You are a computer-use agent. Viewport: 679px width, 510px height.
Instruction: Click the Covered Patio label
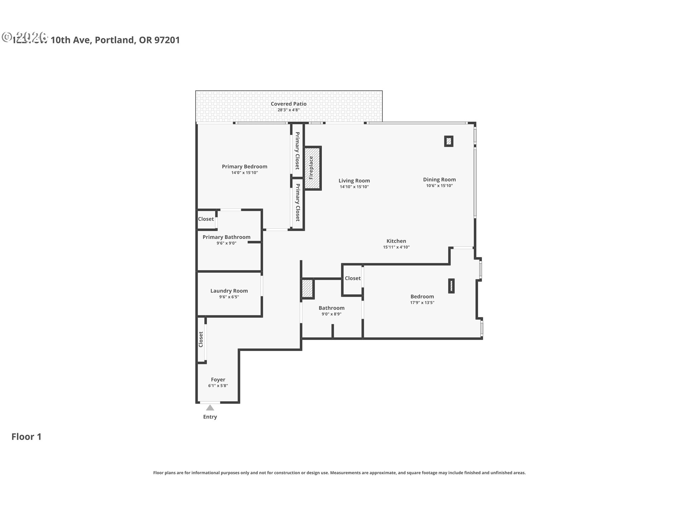point(289,104)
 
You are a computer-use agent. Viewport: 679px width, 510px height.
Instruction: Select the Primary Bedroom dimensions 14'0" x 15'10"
point(244,173)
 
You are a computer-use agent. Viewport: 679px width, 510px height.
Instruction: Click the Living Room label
point(354,181)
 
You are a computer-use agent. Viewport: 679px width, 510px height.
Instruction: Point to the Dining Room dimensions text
point(439,186)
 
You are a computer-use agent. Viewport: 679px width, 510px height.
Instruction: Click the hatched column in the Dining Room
point(448,141)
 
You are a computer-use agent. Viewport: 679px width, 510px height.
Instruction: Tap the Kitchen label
point(396,241)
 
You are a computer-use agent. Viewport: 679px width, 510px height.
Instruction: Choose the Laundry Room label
point(229,291)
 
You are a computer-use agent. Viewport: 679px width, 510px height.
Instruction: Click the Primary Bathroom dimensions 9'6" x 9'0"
point(226,243)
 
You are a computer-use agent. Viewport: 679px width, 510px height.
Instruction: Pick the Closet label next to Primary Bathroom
point(206,219)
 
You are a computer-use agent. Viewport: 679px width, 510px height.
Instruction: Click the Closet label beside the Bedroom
point(353,278)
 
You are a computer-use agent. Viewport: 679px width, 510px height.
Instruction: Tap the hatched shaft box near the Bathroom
point(307,288)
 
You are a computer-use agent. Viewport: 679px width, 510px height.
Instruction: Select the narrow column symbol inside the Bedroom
point(451,286)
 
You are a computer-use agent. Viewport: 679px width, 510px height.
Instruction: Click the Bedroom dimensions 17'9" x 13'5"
point(422,303)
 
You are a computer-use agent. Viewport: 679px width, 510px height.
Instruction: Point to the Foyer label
point(218,380)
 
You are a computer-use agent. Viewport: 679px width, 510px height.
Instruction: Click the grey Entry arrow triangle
point(210,408)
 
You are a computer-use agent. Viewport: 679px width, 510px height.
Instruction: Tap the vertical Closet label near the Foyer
point(201,339)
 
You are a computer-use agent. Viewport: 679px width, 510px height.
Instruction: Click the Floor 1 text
point(27,437)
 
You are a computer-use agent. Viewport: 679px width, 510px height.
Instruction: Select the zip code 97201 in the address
point(167,40)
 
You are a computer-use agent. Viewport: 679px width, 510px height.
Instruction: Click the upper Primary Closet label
point(297,151)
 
